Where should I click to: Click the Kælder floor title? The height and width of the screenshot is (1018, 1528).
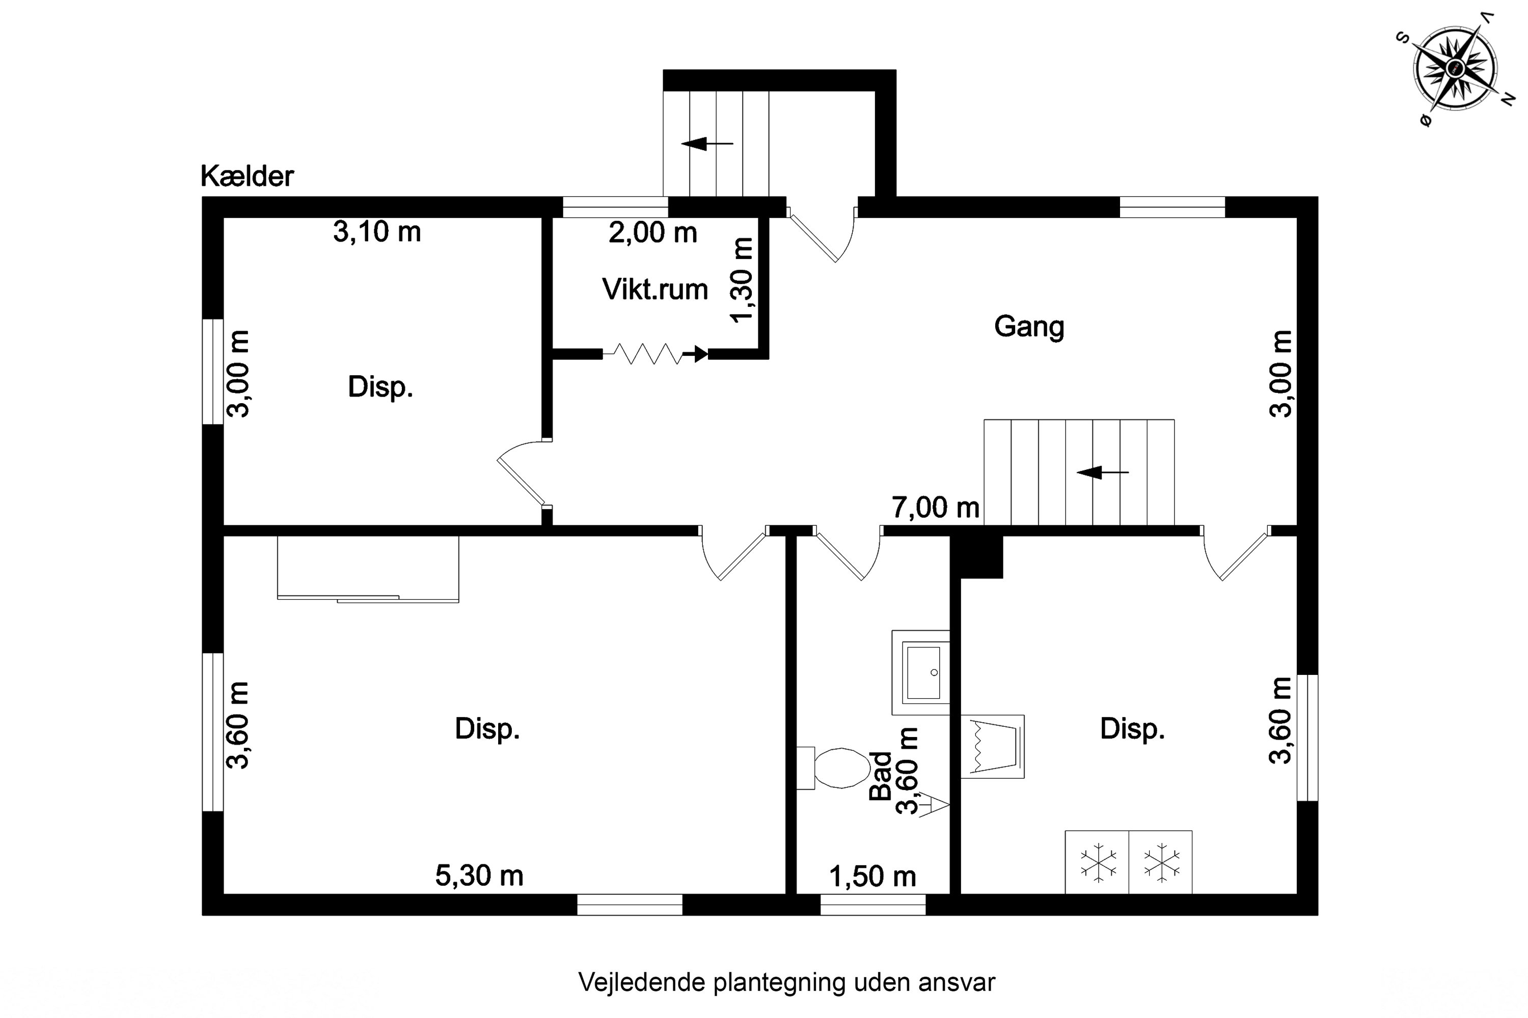[x=247, y=176]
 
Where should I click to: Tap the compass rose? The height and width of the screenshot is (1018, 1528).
[x=1455, y=68]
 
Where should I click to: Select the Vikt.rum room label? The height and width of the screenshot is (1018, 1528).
[x=655, y=290]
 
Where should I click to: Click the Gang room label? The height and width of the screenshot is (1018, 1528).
[x=1029, y=327]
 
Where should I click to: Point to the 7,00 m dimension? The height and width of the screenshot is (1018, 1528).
[x=936, y=507]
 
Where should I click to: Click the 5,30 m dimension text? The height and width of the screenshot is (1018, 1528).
[x=479, y=876]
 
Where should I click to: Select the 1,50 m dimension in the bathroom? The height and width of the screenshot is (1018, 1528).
[x=872, y=876]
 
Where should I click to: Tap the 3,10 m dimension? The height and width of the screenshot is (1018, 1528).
[x=377, y=232]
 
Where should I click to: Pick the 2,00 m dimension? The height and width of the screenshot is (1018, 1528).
[x=653, y=233]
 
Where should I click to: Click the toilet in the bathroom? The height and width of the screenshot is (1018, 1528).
[x=833, y=768]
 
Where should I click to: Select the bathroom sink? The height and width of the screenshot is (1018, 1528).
[x=920, y=672]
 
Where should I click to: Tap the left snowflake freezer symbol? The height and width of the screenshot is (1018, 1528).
[x=1098, y=863]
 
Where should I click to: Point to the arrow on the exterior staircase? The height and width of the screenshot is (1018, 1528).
[x=707, y=144]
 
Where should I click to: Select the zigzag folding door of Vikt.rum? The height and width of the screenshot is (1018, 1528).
[x=656, y=354]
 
